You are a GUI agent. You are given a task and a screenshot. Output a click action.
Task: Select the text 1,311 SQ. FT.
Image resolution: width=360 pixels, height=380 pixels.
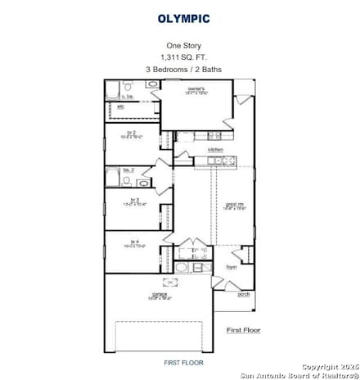[x=183, y=58]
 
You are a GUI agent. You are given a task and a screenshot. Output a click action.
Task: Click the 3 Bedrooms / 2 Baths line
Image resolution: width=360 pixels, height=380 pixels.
[x=183, y=70]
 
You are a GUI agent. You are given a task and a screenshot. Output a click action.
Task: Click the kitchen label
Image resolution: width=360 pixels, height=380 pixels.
[x=216, y=150]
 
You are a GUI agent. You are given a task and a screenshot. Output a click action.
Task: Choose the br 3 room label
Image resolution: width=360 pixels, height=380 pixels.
[x=133, y=200]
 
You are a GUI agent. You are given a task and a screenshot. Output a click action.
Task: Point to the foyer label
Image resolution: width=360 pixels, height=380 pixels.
[x=232, y=266]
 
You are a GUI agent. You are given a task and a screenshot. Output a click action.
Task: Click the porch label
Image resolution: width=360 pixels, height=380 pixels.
[x=243, y=293]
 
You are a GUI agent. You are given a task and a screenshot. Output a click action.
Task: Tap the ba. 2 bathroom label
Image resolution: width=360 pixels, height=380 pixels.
[x=128, y=171]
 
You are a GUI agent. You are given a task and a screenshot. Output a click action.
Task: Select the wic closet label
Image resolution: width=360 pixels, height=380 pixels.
[x=121, y=106]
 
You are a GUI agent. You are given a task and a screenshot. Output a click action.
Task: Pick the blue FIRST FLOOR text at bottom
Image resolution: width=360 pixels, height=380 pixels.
[x=183, y=361]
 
